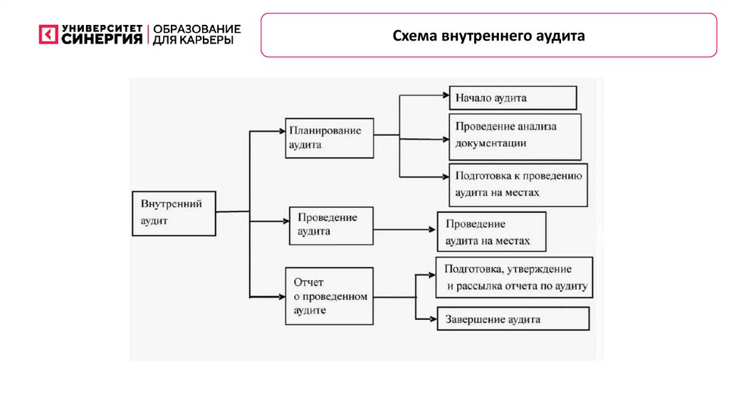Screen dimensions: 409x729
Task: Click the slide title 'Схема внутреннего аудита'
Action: click(488, 35)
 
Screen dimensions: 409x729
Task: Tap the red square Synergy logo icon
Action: click(48, 34)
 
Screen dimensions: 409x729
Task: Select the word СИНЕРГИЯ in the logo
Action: click(102, 39)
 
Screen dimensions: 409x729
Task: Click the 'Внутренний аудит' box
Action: click(174, 212)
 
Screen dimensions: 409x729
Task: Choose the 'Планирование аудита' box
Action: click(329, 138)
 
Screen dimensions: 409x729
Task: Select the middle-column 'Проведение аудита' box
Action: click(331, 225)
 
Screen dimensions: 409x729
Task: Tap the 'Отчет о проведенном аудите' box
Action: click(329, 296)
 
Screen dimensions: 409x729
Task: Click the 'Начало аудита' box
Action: click(513, 98)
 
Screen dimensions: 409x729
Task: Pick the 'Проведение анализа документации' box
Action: click(515, 135)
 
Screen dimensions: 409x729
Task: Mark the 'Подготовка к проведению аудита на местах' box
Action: click(518, 185)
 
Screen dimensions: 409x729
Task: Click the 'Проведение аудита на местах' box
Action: click(491, 232)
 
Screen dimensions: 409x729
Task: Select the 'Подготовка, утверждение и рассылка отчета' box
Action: click(513, 277)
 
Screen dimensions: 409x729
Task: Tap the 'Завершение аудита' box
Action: click(513, 319)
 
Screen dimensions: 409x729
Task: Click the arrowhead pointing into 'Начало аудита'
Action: click(444, 95)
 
